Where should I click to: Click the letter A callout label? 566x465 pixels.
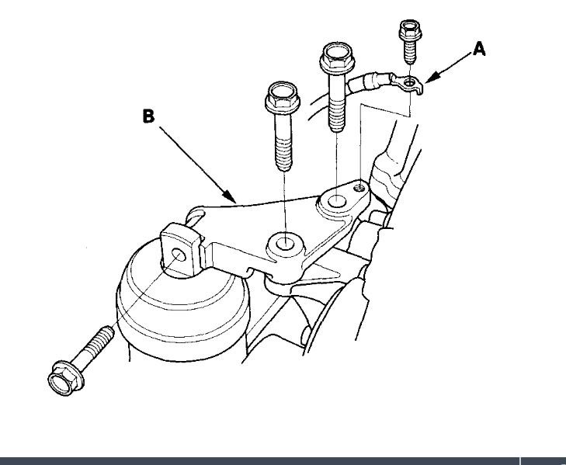coord(480,49)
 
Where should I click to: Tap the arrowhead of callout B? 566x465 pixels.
coord(234,200)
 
